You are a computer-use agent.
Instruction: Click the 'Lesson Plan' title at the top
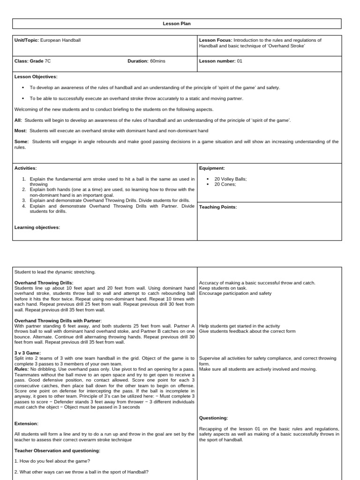(x=177, y=23)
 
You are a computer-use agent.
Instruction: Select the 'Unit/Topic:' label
(x=27, y=40)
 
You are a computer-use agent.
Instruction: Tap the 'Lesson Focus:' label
(x=215, y=40)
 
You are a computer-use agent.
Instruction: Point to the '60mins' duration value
(x=157, y=61)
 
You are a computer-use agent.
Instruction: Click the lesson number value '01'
(x=240, y=61)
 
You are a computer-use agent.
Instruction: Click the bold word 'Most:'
(x=21, y=131)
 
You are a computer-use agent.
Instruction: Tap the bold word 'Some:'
(x=22, y=141)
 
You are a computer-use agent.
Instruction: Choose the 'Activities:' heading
(x=26, y=168)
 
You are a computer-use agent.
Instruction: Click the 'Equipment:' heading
(x=212, y=168)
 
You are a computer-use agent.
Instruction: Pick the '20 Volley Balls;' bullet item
(x=231, y=179)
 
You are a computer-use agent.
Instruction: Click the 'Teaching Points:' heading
(x=218, y=207)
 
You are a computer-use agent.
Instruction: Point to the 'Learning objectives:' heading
(x=37, y=227)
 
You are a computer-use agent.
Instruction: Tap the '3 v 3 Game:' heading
(x=28, y=353)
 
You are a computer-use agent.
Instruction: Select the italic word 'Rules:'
(x=22, y=369)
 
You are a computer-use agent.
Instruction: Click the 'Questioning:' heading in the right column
(x=214, y=418)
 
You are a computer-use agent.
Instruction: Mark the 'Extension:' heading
(x=26, y=423)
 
